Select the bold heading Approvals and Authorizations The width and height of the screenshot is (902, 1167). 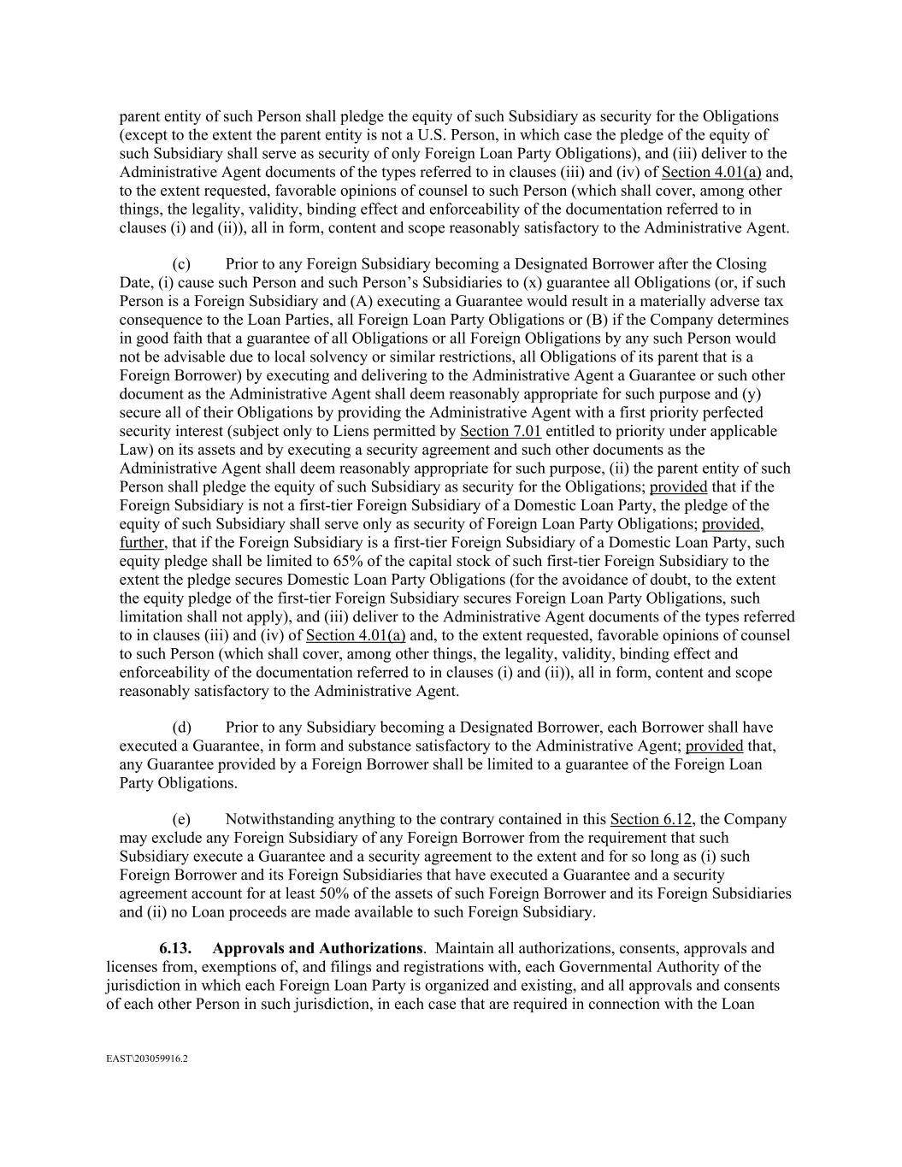[x=317, y=948]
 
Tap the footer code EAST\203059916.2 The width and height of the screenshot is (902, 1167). [x=146, y=1058]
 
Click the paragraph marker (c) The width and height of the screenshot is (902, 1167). [x=181, y=264]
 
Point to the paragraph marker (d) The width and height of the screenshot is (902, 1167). [x=181, y=728]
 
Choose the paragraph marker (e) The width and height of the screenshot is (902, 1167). [x=181, y=820]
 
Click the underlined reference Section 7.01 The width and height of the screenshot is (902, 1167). [x=500, y=432]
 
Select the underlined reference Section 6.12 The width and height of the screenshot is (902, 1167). [x=651, y=820]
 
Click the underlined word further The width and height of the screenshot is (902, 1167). [x=141, y=543]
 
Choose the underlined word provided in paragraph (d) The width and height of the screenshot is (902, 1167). [x=714, y=746]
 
